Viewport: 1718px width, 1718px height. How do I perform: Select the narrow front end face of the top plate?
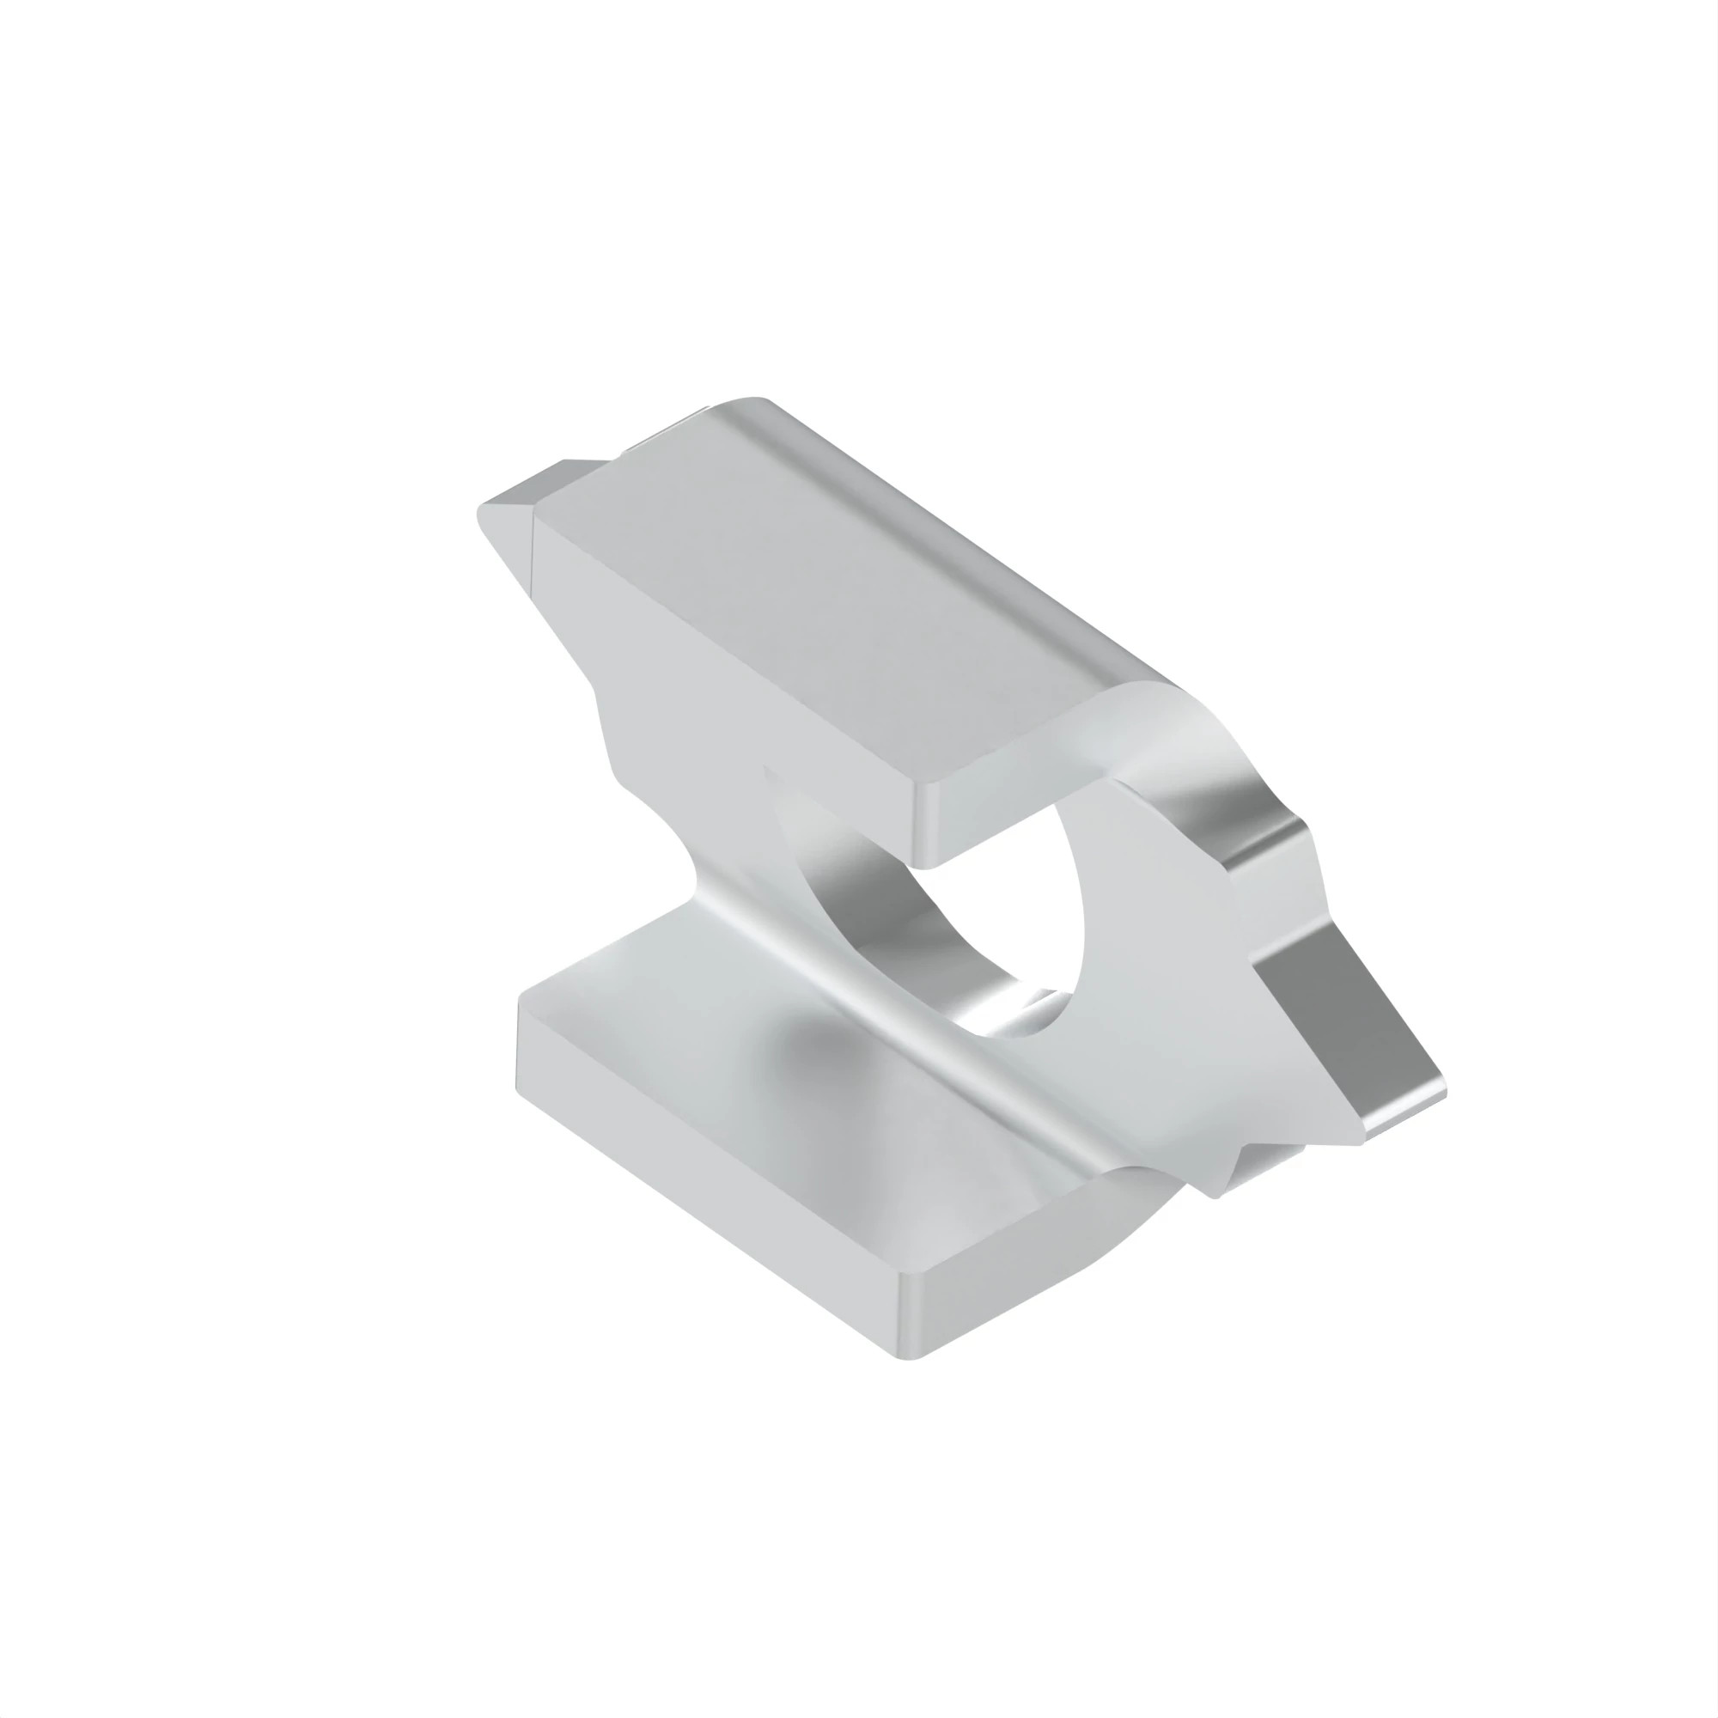point(1005,801)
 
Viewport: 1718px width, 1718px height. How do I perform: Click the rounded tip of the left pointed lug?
point(483,515)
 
